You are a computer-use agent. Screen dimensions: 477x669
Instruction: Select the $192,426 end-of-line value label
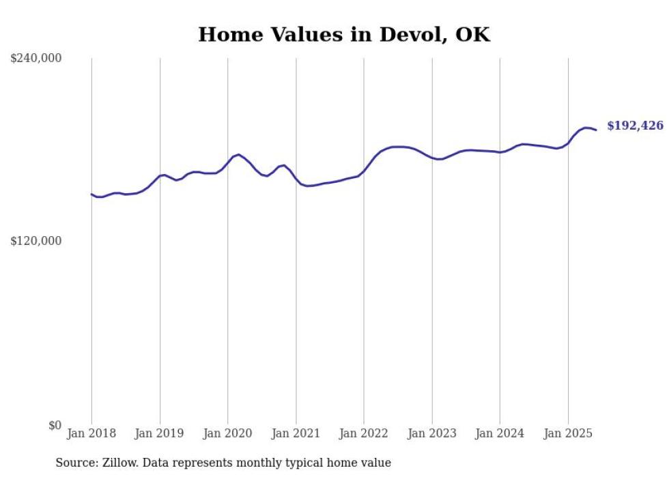tap(635, 126)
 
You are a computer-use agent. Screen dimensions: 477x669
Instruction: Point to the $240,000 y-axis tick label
tap(36, 58)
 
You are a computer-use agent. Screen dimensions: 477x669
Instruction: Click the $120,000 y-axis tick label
tap(36, 241)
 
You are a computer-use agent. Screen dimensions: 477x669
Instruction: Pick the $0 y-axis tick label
tap(55, 425)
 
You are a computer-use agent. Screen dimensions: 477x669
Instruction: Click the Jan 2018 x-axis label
tap(91, 433)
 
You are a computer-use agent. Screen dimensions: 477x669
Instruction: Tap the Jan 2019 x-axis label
tap(160, 433)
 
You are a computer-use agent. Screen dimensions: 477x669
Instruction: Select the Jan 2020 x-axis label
tap(228, 433)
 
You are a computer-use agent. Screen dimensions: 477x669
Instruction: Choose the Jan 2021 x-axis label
tap(296, 433)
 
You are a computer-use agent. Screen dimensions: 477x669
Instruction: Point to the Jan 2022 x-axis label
tap(364, 433)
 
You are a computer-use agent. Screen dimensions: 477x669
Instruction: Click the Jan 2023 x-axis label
tap(431, 433)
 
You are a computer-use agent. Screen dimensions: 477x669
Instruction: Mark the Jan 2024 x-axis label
tap(500, 433)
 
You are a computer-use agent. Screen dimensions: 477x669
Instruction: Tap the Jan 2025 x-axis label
tap(568, 433)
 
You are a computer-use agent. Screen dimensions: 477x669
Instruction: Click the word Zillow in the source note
tap(120, 463)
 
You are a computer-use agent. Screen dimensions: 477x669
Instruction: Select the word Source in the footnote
tap(75, 463)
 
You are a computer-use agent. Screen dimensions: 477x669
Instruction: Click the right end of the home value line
tap(596, 130)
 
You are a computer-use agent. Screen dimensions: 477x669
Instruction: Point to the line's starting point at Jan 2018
tap(91, 194)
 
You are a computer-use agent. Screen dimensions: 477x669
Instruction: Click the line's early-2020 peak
tap(238, 155)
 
